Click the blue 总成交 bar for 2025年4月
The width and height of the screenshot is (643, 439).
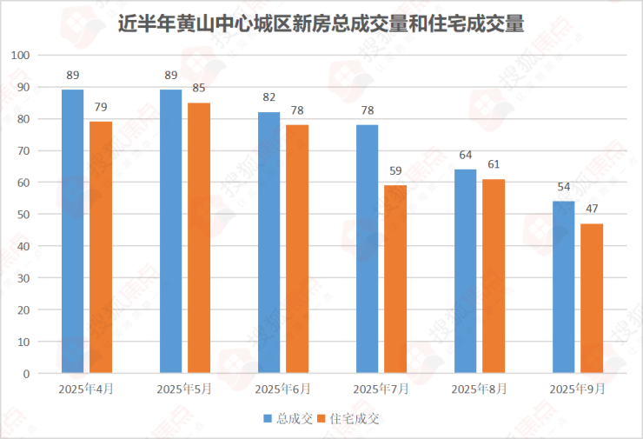tap(73, 231)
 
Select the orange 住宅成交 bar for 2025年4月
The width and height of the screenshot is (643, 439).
tap(101, 247)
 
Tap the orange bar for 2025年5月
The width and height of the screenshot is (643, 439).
tap(199, 237)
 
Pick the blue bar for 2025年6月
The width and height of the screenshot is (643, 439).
tap(269, 243)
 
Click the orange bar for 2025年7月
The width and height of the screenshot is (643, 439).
tap(395, 279)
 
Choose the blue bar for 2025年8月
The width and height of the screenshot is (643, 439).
tap(466, 271)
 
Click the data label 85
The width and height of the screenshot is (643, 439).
tap(199, 88)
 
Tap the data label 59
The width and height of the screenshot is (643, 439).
tap(395, 170)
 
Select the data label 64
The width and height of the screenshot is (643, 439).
tap(466, 155)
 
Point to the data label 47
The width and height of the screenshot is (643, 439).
tap(592, 209)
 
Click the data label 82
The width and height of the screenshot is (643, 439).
tap(269, 97)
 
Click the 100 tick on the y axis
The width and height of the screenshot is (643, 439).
tap(21, 56)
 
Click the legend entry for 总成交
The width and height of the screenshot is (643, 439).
tap(288, 418)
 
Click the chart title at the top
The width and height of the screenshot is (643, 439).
tap(321, 23)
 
